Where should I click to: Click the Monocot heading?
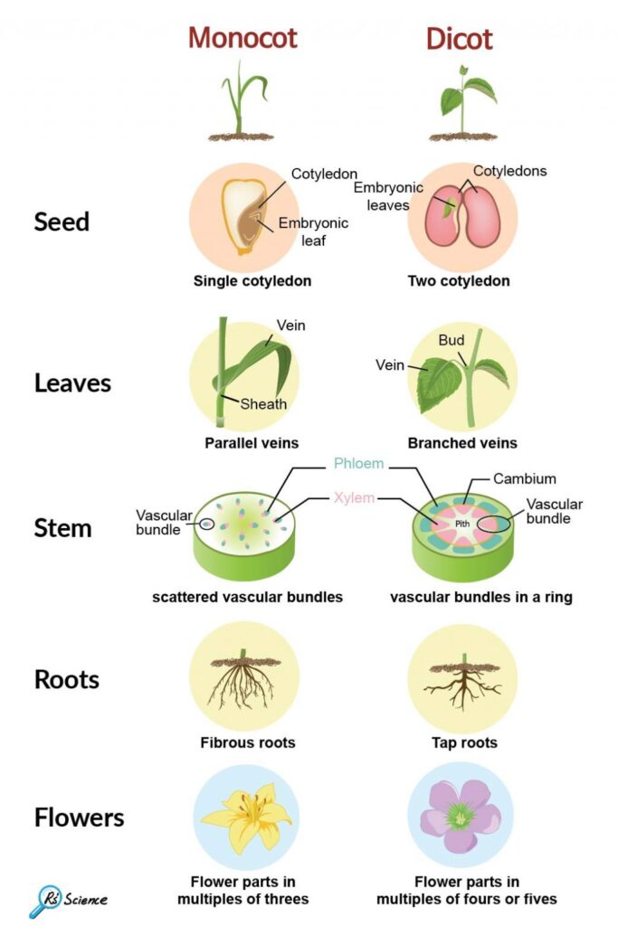(x=242, y=38)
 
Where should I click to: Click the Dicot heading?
(x=459, y=39)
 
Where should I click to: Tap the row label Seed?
(x=62, y=222)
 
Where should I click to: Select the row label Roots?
(x=67, y=679)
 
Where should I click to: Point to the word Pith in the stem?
(x=462, y=524)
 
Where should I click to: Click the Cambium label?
(x=525, y=477)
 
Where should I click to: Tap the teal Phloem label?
(x=358, y=464)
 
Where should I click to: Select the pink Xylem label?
(x=354, y=497)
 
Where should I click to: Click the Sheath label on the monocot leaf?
(x=262, y=404)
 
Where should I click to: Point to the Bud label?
(x=451, y=341)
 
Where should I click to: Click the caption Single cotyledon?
(x=252, y=281)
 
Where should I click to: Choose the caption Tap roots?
(x=464, y=743)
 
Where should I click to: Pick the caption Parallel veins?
(x=252, y=443)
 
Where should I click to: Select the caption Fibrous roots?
(x=248, y=743)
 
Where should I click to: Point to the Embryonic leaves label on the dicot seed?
(x=382, y=196)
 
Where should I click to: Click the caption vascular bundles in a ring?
(x=481, y=597)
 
